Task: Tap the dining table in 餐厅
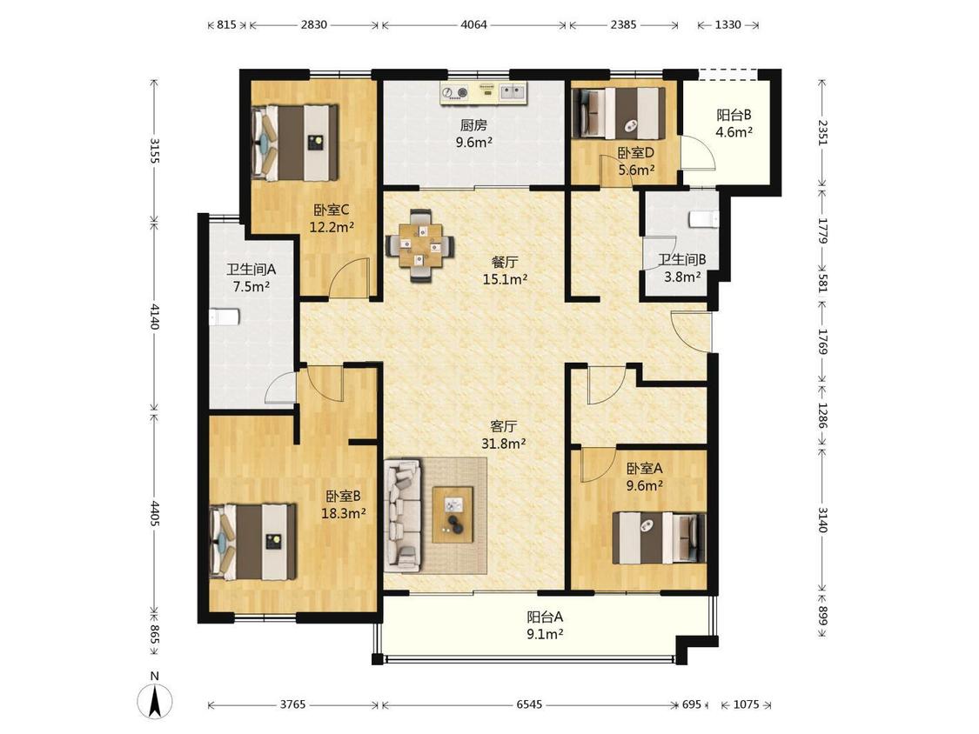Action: tap(421, 246)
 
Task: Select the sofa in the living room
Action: tap(402, 515)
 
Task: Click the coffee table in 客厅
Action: tap(453, 515)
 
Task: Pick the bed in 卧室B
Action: tap(253, 542)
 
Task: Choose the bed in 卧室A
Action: tap(660, 538)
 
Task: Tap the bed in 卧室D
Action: tap(619, 113)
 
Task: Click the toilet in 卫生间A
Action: tap(225, 317)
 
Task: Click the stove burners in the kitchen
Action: tap(454, 93)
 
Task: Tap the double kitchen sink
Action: tap(513, 92)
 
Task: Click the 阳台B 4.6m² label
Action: tap(734, 123)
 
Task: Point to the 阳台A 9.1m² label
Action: tap(545, 626)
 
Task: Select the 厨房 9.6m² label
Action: tap(474, 134)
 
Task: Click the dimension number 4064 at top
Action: tap(474, 25)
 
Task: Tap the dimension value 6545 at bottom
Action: tap(529, 704)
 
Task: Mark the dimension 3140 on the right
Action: tap(822, 519)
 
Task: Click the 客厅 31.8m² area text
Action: tap(503, 435)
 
